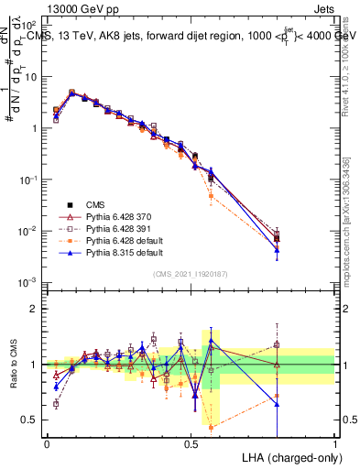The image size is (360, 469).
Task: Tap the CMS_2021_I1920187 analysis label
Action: tap(191, 274)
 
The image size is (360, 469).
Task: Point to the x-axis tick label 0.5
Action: tap(191, 443)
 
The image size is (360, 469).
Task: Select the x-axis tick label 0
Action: tap(47, 443)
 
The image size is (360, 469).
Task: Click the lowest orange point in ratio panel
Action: tap(211, 427)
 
